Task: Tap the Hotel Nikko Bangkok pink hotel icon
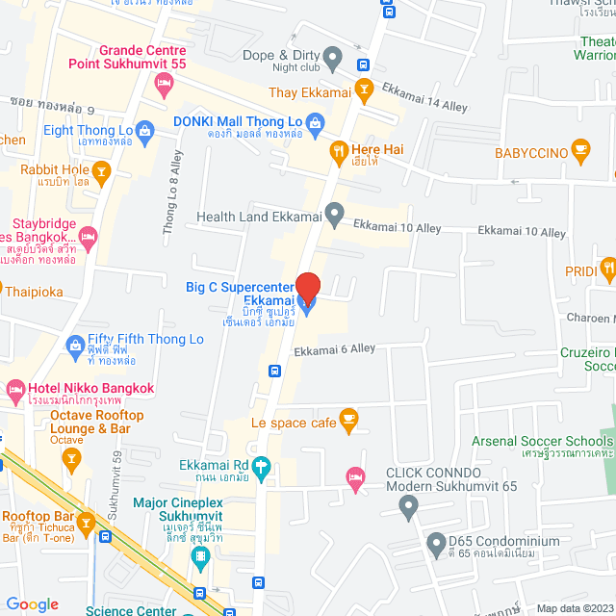pos(14,390)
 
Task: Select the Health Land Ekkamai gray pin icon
pos(334,215)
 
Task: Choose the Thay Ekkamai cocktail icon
pos(363,91)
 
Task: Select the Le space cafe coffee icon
pos(348,419)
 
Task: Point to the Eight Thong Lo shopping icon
pos(144,129)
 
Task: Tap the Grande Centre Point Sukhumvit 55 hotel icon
pos(163,87)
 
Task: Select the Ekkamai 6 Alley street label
pos(334,349)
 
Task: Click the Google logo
pos(32,604)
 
